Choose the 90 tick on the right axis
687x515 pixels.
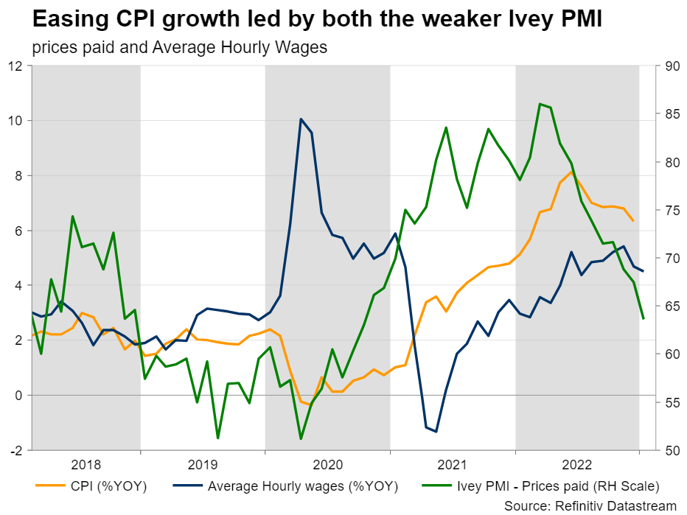coord(672,66)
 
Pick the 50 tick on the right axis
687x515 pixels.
coord(672,450)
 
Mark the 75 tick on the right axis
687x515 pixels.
coord(672,210)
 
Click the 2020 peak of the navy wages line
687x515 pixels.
coord(301,119)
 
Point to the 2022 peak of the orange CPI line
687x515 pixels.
coord(571,172)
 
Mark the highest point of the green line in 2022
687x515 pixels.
coord(540,104)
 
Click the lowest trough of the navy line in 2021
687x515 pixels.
coord(436,432)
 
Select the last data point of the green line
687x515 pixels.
coord(644,318)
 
